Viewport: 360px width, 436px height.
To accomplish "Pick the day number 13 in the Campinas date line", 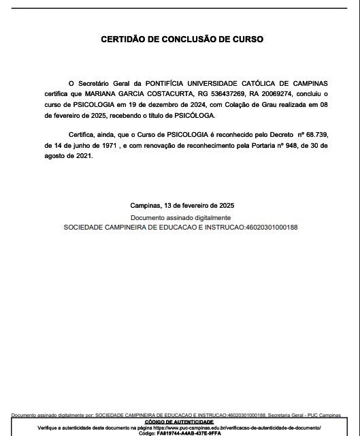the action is [165, 205].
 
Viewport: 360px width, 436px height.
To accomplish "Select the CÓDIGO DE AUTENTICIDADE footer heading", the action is [180, 421].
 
